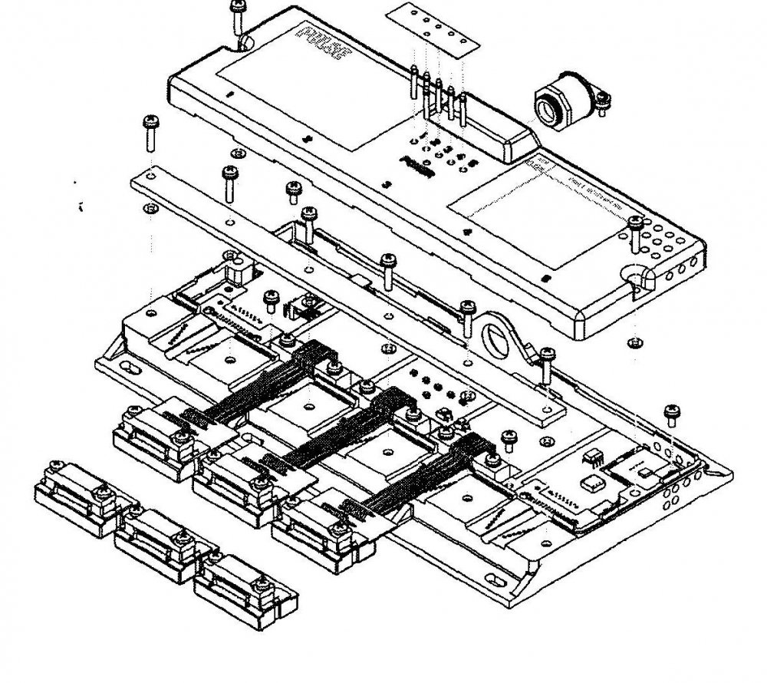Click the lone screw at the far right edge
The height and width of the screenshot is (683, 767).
click(672, 414)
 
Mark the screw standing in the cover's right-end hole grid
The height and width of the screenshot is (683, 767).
click(635, 230)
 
